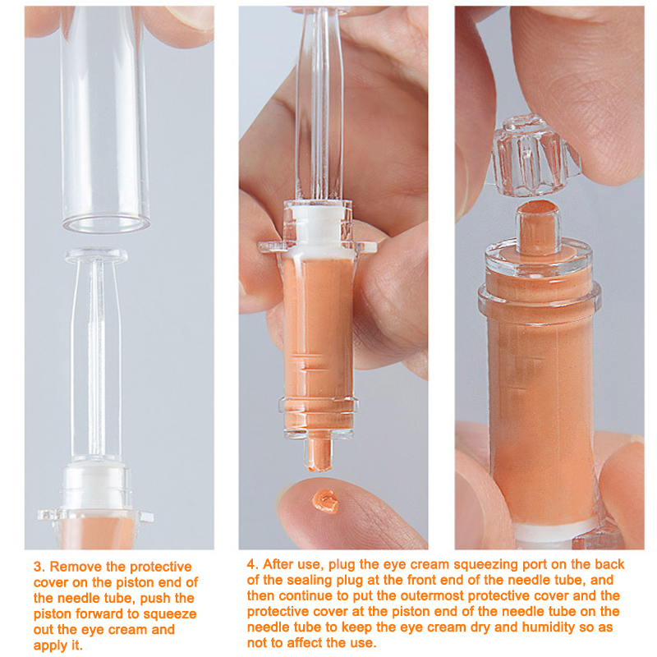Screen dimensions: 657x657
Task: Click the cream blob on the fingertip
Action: point(325,501)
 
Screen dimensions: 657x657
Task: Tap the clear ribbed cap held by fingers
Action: point(531,157)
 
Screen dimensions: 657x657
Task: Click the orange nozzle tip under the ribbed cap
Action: point(538,227)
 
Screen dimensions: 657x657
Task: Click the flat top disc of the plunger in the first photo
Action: point(96,255)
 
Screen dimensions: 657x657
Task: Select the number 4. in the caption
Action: point(253,564)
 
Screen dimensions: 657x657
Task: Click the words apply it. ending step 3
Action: point(57,646)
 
